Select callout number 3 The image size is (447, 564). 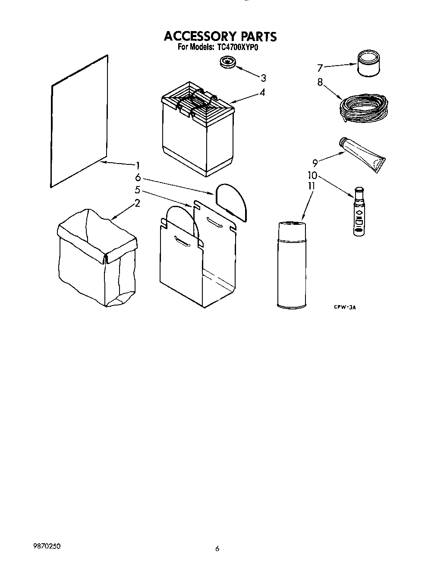pos(263,78)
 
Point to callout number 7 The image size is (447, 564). pos(320,68)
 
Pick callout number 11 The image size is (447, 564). pos(311,186)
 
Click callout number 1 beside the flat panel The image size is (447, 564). pos(137,165)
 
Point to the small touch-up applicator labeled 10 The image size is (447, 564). pos(359,211)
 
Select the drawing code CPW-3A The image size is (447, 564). pos(346,307)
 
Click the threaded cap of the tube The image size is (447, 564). pos(344,142)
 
